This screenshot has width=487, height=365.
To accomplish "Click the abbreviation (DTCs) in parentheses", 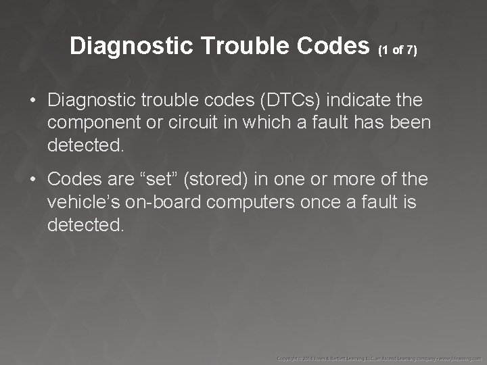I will (x=292, y=101).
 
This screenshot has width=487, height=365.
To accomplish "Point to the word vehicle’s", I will (x=81, y=202).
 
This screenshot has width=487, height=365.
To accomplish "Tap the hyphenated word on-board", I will (x=160, y=202).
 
